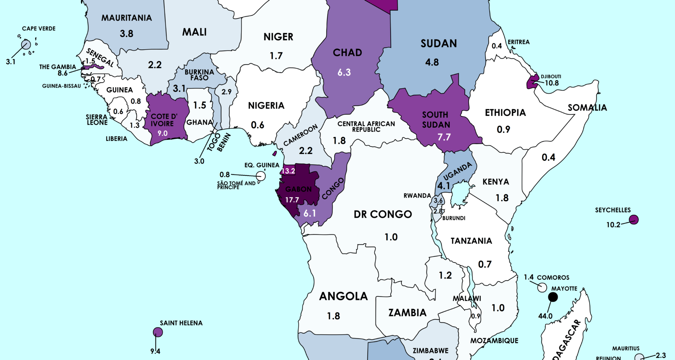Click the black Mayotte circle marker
[x=553, y=297]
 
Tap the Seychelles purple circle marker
[x=634, y=220]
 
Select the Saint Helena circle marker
[x=158, y=332]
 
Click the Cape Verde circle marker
[x=26, y=45]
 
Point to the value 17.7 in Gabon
[x=292, y=200]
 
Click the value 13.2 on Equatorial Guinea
[x=288, y=171]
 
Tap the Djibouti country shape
[x=533, y=82]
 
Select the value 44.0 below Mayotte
[x=545, y=316]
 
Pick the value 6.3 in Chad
[x=344, y=72]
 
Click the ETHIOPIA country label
[x=505, y=112]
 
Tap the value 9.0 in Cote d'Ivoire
[x=162, y=133]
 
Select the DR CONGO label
[x=382, y=214]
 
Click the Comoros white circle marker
[x=542, y=287]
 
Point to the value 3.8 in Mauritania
[x=126, y=34]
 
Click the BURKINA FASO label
[x=199, y=75]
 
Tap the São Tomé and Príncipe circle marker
[x=261, y=176]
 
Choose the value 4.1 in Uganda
[x=443, y=185]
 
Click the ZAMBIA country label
[x=407, y=313]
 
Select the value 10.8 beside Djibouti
[x=552, y=83]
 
